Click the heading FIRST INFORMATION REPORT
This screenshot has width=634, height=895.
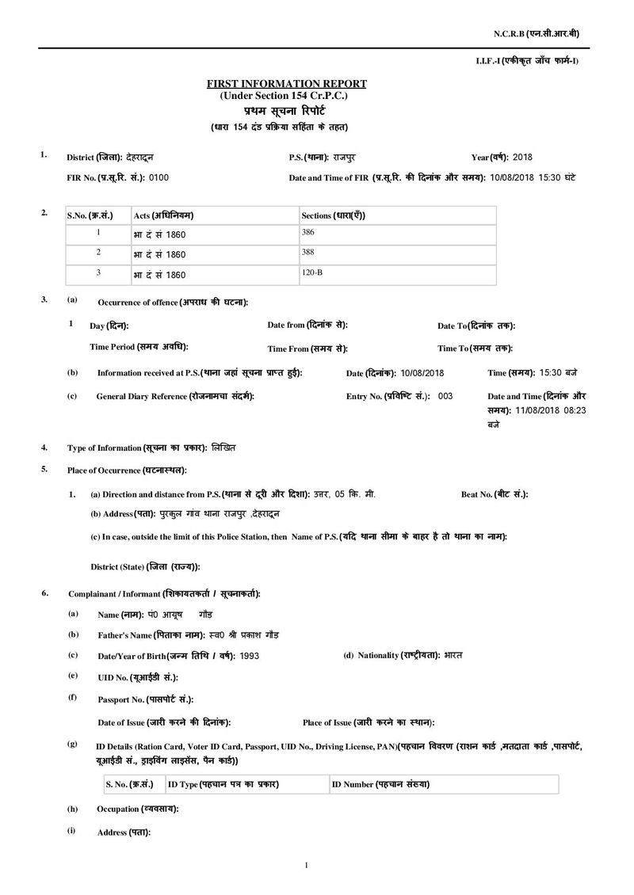[x=286, y=83]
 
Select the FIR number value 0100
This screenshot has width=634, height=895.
[x=158, y=177]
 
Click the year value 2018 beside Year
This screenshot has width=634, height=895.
[x=525, y=158]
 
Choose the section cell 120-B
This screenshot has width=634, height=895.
[x=313, y=273]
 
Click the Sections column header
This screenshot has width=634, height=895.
[x=333, y=215]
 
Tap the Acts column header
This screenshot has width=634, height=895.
[x=164, y=215]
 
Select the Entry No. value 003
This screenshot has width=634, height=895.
[x=445, y=395]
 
